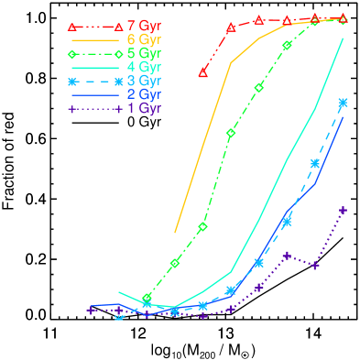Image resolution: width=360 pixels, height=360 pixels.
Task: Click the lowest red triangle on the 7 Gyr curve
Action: (x=203, y=71)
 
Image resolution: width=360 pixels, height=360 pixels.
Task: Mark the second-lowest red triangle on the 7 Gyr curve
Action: (x=231, y=27)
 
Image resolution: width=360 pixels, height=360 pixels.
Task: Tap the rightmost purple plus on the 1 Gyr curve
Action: (x=343, y=211)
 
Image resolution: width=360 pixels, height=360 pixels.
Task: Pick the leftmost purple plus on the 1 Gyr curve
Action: (x=91, y=311)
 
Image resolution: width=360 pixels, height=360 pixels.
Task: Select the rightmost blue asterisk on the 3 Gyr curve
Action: (x=343, y=103)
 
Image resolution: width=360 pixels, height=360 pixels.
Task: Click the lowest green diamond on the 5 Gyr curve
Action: (x=147, y=299)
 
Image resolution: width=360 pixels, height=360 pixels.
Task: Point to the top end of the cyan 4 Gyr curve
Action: (x=343, y=39)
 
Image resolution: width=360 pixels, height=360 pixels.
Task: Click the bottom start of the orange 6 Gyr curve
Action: (x=175, y=233)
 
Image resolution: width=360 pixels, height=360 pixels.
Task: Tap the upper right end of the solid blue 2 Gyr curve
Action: (x=343, y=117)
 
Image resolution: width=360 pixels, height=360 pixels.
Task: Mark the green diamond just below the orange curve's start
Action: (x=175, y=264)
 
